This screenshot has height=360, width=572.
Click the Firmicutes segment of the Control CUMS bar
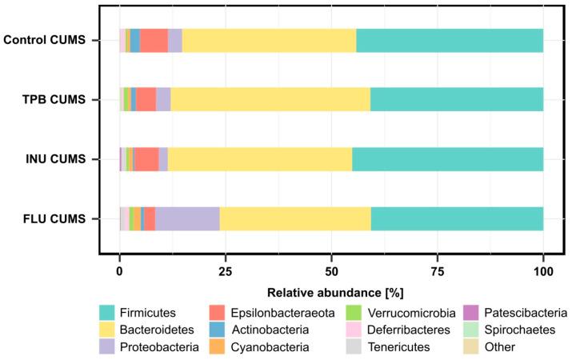450,40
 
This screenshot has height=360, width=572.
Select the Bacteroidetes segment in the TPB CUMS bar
270,99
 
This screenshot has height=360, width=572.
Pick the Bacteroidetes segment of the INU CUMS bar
260,159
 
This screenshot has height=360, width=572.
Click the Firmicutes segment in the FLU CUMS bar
457,218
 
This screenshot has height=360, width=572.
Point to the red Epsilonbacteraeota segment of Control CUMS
154,40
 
